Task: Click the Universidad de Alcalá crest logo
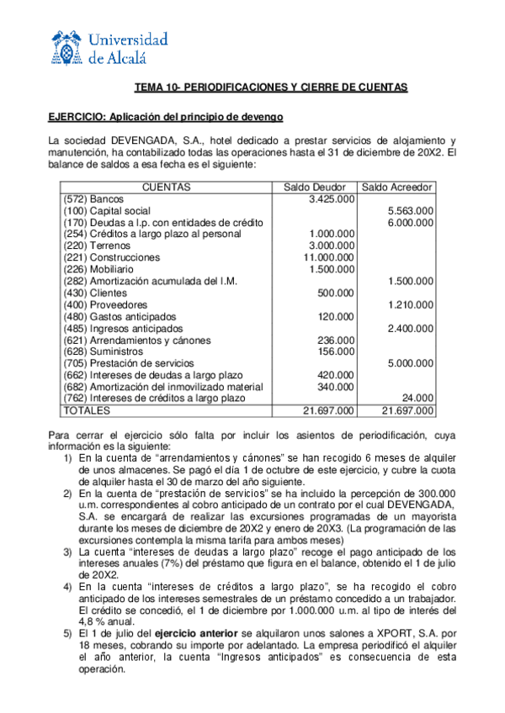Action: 66,47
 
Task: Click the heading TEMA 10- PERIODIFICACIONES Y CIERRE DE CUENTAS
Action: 272,87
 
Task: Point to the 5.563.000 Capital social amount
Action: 411,210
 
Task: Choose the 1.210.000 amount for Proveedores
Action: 411,304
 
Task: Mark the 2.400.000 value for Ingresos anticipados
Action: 411,328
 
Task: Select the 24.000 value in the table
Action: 418,398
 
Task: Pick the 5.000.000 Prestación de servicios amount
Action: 411,363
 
